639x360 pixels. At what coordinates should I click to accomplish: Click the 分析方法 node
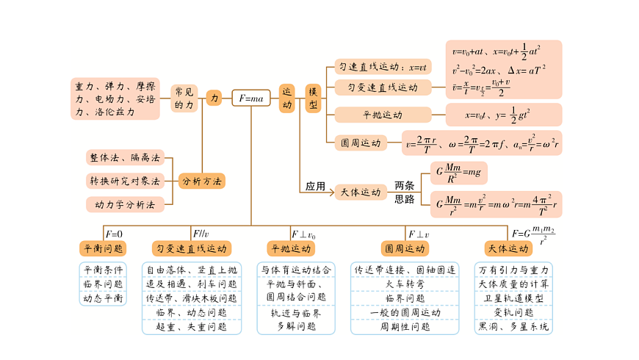(x=201, y=181)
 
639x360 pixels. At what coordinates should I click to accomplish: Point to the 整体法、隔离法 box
(x=124, y=157)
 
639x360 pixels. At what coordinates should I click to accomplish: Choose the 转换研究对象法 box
(x=124, y=181)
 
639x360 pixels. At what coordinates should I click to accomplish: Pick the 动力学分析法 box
(x=124, y=204)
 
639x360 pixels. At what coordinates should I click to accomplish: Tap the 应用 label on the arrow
(x=315, y=187)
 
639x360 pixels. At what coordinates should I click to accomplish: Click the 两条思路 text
(x=405, y=192)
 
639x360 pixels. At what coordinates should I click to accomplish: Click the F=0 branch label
(x=115, y=234)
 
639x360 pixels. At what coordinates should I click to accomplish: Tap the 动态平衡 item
(x=103, y=298)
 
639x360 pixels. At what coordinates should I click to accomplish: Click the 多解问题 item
(x=296, y=326)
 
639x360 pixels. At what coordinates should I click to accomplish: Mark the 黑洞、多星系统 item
(x=513, y=327)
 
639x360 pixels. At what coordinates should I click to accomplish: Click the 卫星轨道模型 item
(x=513, y=298)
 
